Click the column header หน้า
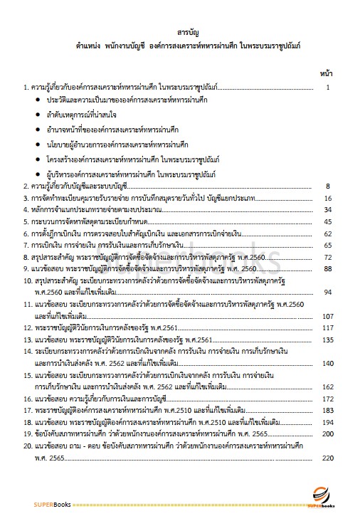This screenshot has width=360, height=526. coord(327,73)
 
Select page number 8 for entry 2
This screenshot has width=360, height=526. coord(327,186)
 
